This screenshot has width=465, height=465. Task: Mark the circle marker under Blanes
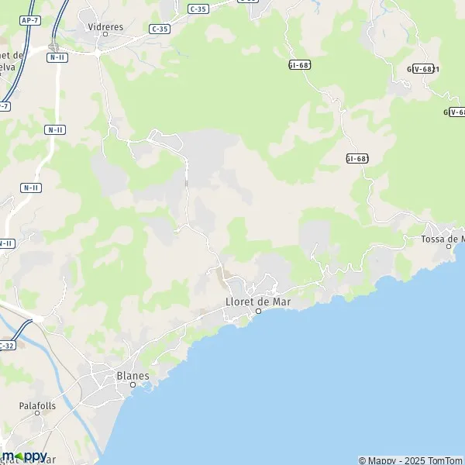coord(133,384)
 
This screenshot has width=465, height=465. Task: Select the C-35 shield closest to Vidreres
coord(159,29)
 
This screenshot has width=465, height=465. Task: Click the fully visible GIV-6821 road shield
coord(425,68)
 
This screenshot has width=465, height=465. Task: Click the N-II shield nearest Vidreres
coord(56,57)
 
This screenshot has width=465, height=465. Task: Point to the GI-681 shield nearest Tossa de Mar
coord(356,158)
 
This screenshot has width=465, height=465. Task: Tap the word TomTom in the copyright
coord(445,460)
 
